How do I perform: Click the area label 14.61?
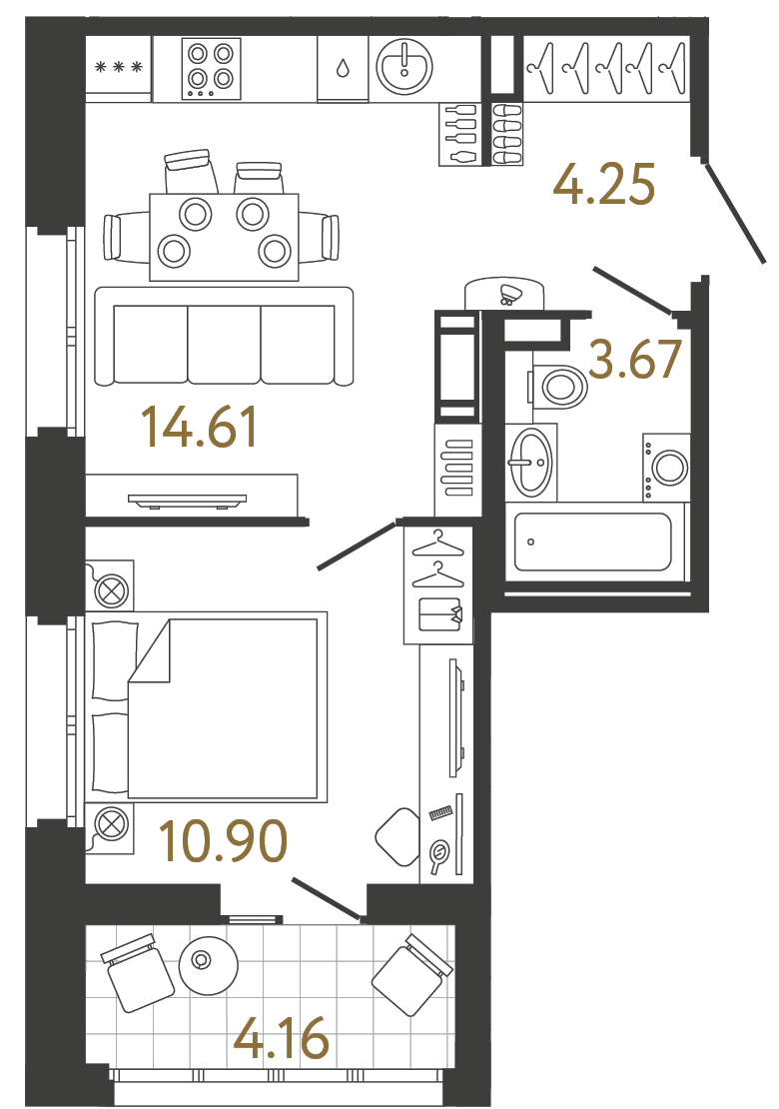200,428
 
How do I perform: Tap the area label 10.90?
224,841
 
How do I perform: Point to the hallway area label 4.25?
606,186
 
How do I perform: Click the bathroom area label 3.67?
635,361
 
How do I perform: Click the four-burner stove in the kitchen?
212,67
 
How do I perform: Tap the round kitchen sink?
404,66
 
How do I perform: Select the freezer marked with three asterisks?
118,68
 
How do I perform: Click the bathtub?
593,542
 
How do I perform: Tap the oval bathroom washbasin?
529,462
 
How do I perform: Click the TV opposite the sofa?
187,501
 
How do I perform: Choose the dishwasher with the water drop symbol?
343,68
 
